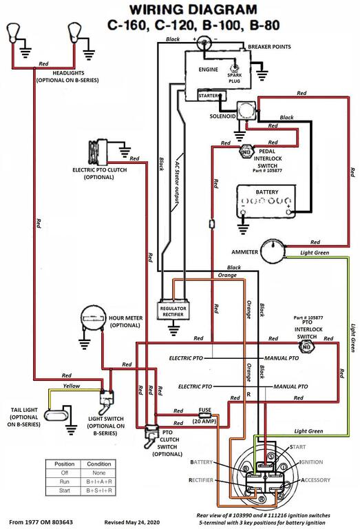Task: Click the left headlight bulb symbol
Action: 13,32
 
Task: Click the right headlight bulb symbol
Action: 74,32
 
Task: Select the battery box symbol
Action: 266,201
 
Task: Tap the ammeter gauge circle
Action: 275,252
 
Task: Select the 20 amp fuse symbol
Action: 204,417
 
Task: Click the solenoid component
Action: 245,112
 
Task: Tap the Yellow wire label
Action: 71,386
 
